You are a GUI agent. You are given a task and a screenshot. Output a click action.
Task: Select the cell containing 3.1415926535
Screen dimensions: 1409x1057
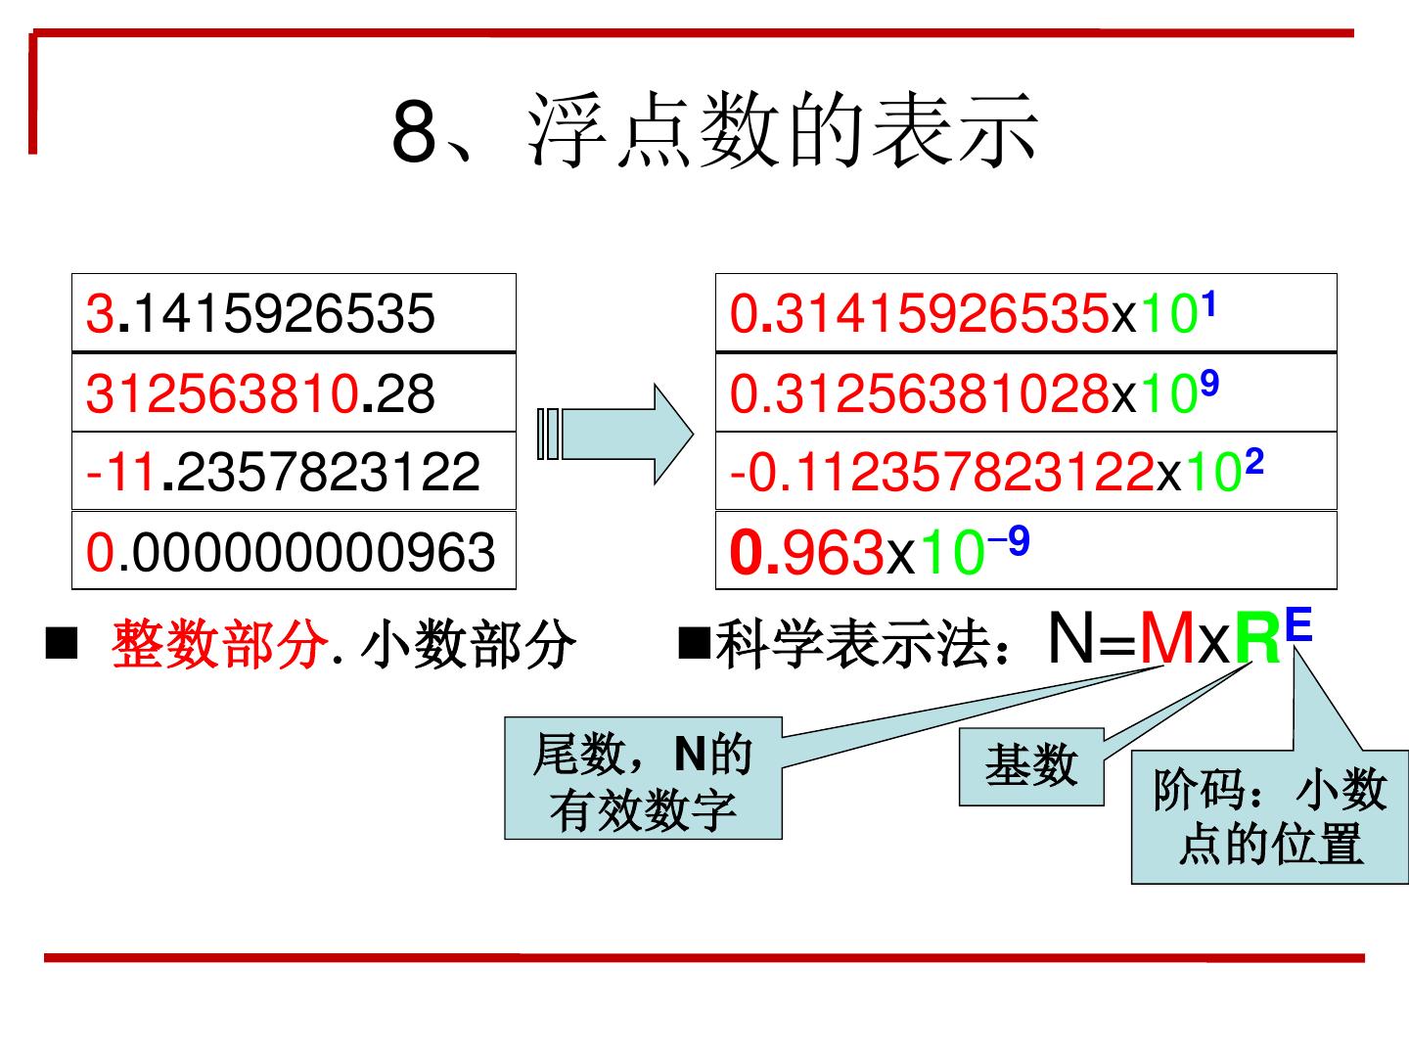coord(294,313)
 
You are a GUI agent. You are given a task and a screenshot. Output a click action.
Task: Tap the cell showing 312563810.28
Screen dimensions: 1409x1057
coord(294,392)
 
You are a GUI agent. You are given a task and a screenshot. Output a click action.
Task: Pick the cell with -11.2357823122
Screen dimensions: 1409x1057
coord(294,471)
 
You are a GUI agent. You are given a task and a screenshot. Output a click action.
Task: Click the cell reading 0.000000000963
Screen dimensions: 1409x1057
coord(294,550)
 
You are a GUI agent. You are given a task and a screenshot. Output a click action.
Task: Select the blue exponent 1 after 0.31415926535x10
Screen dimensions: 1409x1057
coord(1208,305)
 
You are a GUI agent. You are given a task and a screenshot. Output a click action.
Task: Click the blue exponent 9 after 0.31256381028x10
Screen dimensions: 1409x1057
coord(1208,386)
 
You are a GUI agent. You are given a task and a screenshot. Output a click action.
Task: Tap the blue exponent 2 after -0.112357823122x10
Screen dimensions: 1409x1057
coord(1253,462)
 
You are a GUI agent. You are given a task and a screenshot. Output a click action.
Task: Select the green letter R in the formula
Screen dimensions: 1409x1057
coord(1257,640)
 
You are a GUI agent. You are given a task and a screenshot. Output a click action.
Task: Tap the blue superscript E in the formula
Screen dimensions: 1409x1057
coord(1297,624)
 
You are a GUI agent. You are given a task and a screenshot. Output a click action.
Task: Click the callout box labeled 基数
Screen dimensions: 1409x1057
coord(1031,766)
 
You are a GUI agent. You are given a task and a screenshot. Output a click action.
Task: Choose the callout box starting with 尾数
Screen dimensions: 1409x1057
coord(643,780)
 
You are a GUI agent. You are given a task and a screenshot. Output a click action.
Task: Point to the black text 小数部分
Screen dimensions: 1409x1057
coord(468,646)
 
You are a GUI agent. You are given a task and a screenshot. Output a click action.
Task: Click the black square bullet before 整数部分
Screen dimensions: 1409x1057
coord(61,644)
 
